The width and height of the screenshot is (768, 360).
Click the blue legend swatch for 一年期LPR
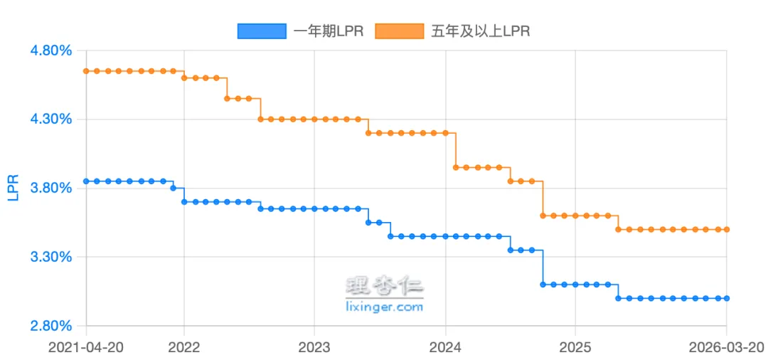click(262, 31)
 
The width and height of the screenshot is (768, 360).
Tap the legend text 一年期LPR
click(328, 31)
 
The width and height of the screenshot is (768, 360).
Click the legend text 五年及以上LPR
click(480, 31)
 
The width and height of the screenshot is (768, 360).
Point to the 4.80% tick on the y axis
click(50, 51)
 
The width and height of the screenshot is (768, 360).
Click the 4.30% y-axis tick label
click(50, 120)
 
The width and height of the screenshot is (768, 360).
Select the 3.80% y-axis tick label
click(50, 189)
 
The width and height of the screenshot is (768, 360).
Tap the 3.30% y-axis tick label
click(50, 257)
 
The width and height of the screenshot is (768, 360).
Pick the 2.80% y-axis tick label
click(50, 326)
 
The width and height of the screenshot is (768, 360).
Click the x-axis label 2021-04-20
click(86, 347)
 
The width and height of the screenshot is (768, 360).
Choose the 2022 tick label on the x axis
click(184, 347)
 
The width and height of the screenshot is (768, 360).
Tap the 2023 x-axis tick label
click(314, 347)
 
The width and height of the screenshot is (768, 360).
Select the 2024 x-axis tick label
click(445, 347)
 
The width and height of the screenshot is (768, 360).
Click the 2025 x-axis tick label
click(575, 347)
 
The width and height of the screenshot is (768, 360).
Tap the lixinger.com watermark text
click(384, 307)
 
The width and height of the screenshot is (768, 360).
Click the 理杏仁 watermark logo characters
click(384, 287)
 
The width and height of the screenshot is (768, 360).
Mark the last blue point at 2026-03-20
click(727, 298)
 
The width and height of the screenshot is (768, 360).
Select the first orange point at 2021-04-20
click(86, 71)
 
